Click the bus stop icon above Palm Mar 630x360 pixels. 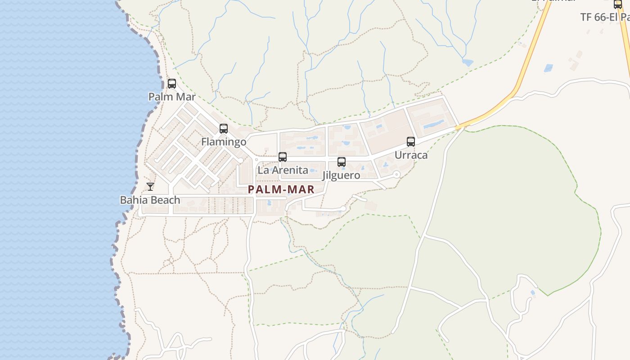point(171,84)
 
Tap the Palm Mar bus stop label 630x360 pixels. point(172,97)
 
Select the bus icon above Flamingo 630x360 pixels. point(223,129)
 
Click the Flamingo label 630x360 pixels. point(224,142)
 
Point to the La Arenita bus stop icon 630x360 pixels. point(282,157)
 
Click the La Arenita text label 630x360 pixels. point(283,170)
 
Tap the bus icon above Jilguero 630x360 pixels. point(341,162)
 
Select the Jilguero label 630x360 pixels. point(341,175)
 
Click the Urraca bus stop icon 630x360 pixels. point(410,142)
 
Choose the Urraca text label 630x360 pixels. point(411,155)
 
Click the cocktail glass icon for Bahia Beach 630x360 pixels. point(150,187)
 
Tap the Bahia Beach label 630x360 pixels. point(150,200)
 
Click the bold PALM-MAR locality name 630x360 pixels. point(281,189)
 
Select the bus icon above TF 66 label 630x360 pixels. point(617,4)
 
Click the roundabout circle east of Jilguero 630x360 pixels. point(396,174)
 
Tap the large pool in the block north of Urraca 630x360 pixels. point(433,124)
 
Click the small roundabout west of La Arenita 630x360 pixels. point(241,160)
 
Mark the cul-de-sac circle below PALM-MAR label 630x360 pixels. point(343,208)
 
